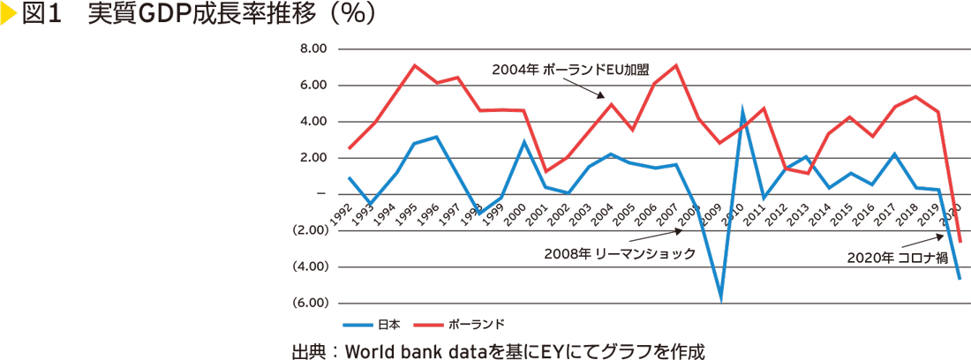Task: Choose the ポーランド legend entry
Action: point(477,323)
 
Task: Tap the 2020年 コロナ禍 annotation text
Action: point(895,259)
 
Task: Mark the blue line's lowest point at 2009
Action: point(721,300)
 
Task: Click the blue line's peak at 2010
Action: point(742,109)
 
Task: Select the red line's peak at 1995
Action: point(415,65)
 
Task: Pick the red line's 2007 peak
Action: point(676,65)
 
